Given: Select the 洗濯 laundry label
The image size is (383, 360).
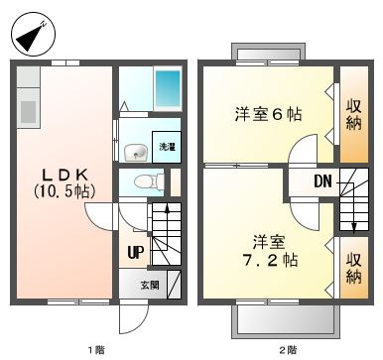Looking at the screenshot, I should (167, 147).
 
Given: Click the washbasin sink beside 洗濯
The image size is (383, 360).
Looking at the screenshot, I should (136, 151).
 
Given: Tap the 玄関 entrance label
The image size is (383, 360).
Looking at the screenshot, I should (148, 285).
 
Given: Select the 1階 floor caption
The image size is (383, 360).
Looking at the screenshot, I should (94, 348).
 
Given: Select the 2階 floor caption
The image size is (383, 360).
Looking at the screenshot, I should (287, 348).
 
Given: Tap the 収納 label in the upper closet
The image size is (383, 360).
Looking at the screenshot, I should (354, 114).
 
